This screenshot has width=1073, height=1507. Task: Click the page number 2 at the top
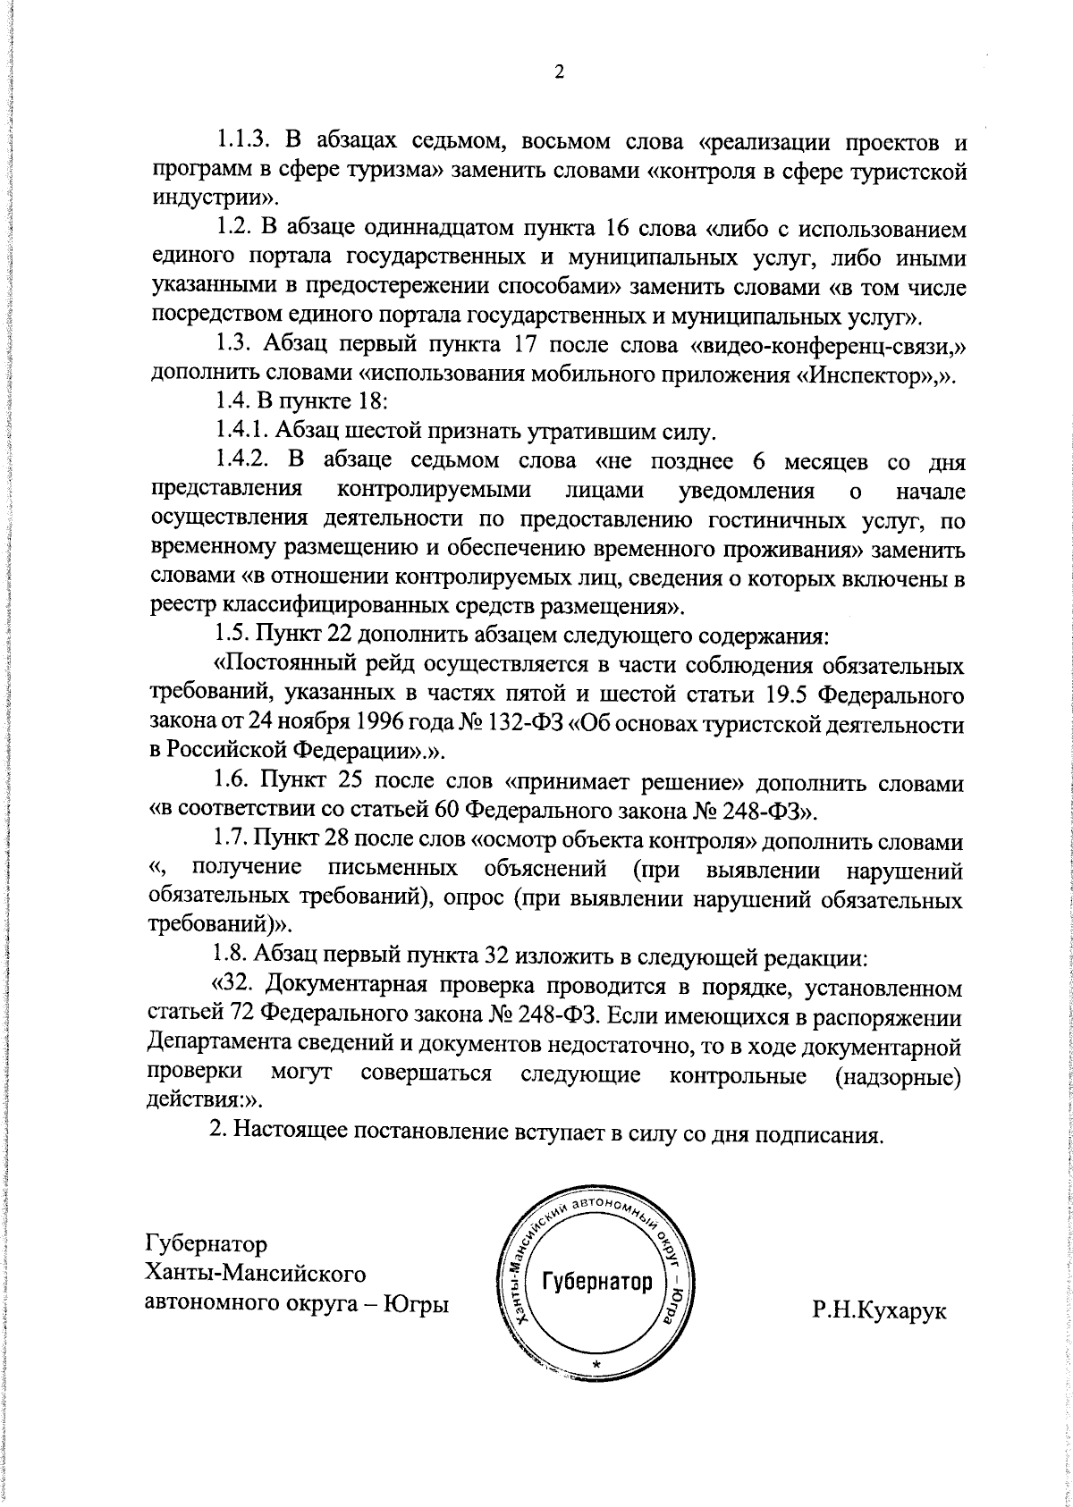click(x=559, y=72)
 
